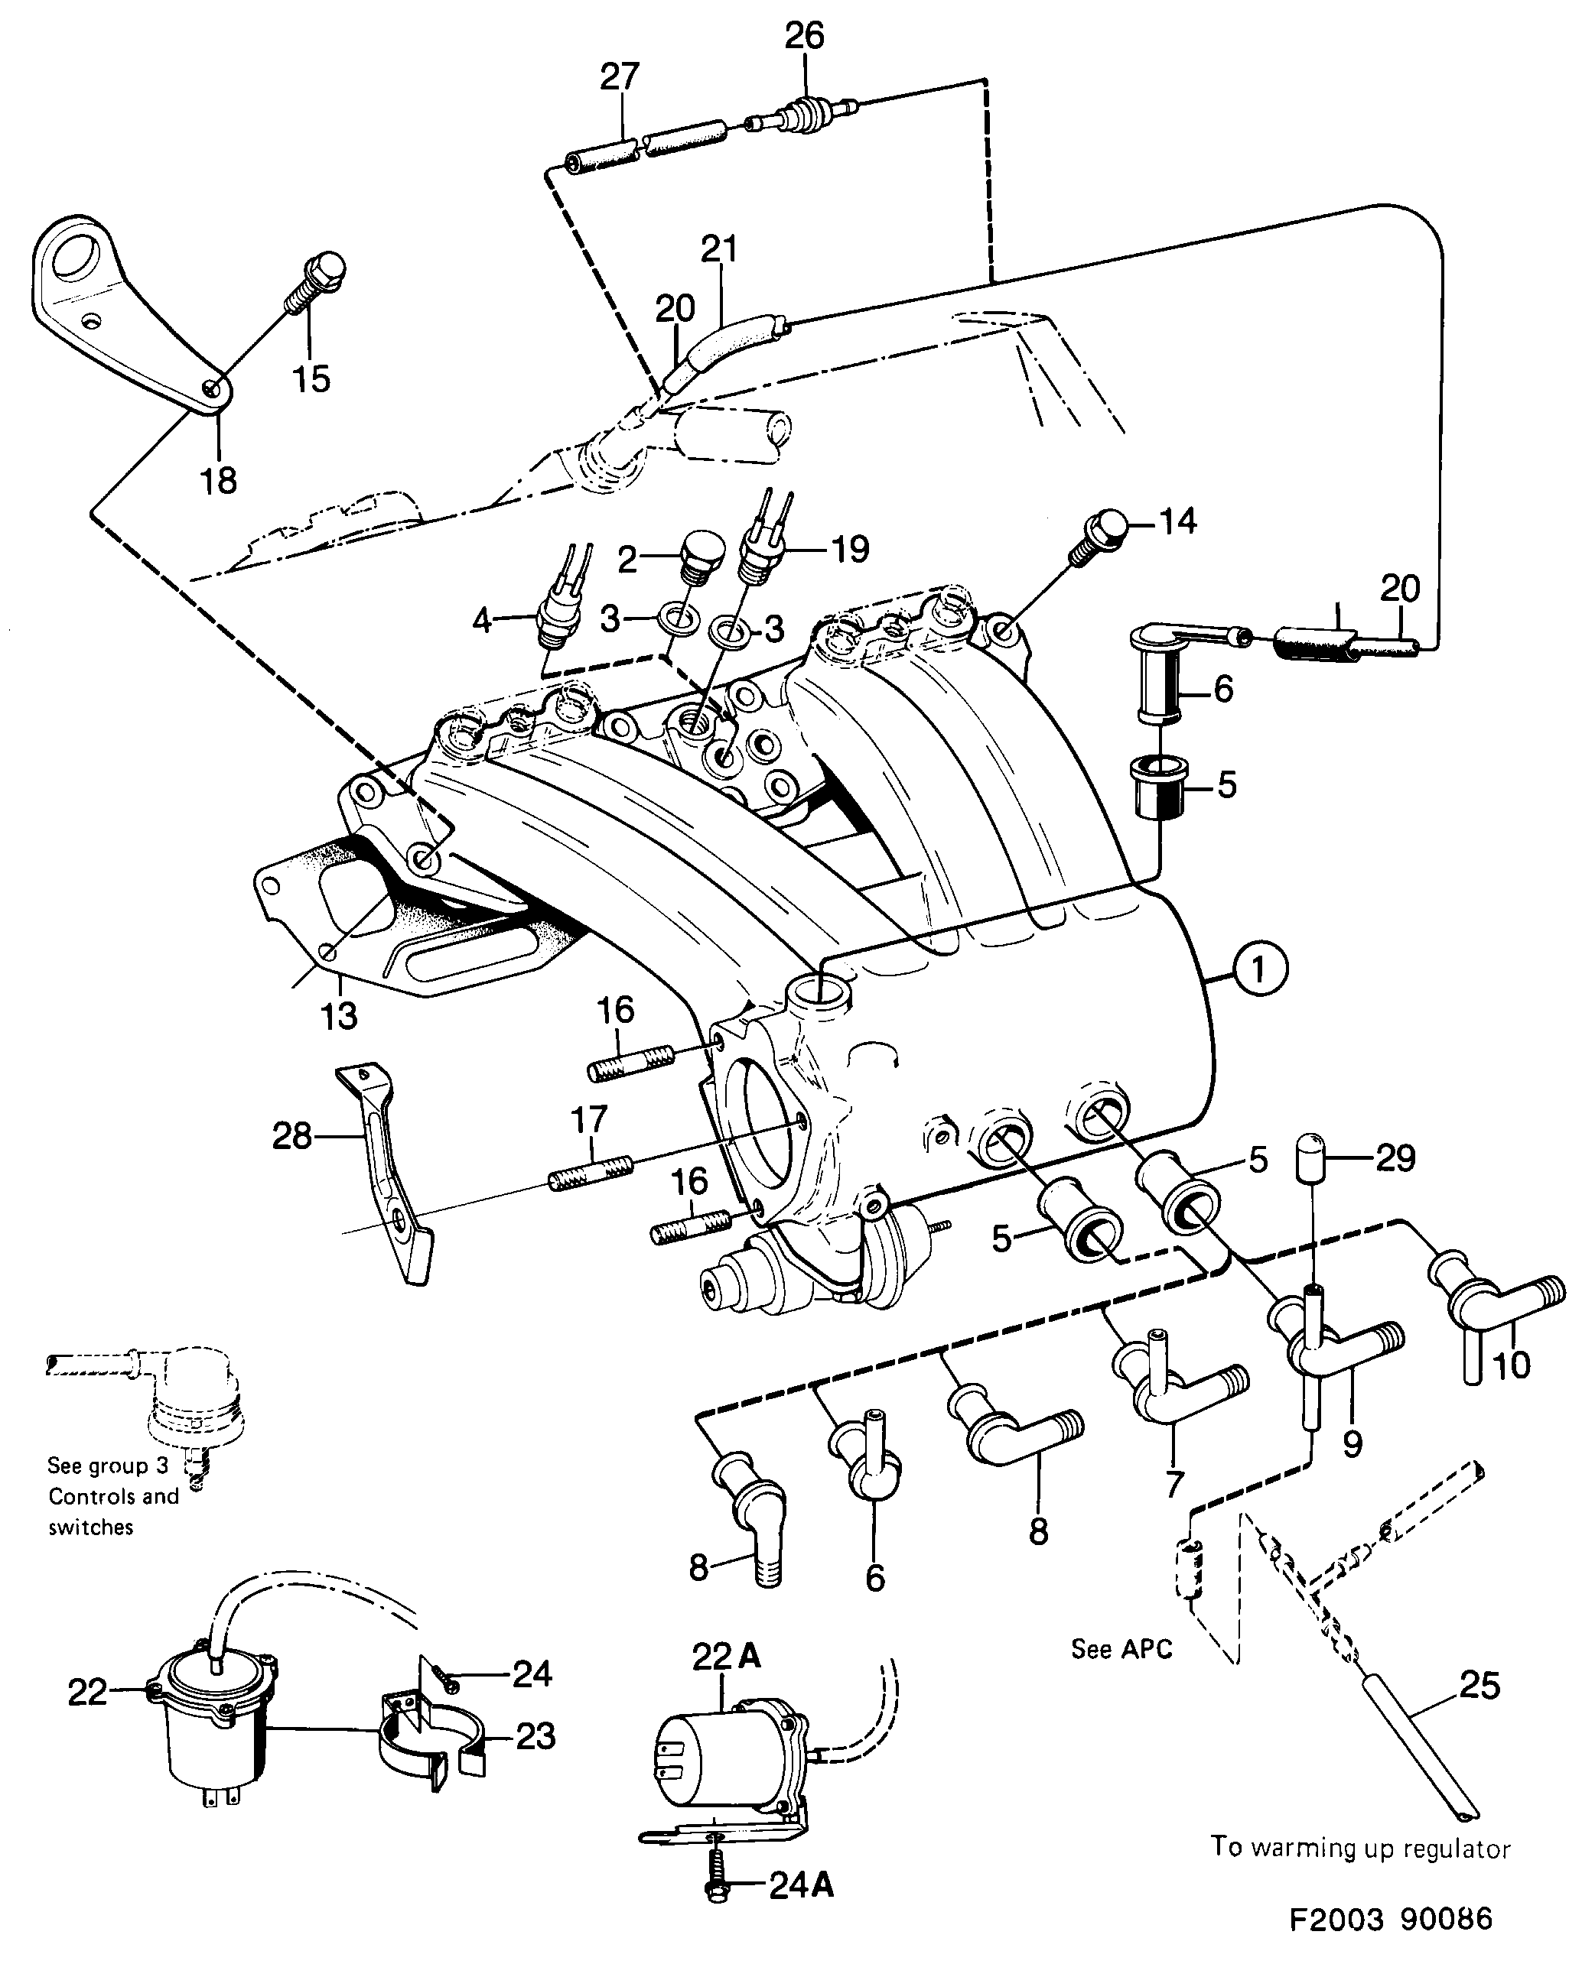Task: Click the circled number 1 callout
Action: [x=1258, y=969]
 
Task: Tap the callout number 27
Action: [x=620, y=76]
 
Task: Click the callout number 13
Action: [x=339, y=1014]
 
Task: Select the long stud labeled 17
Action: [x=591, y=1174]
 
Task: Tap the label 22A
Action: [x=726, y=1657]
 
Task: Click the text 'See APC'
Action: [x=1121, y=1649]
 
